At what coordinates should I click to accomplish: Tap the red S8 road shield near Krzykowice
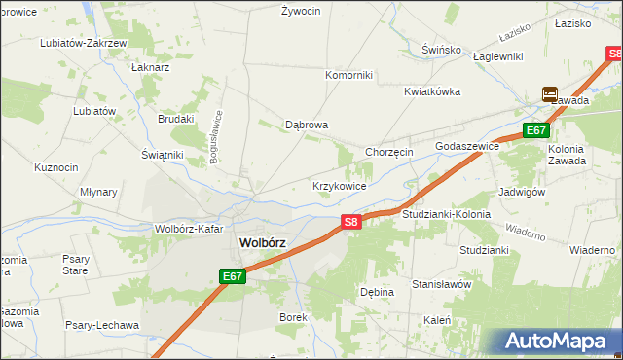point(352,222)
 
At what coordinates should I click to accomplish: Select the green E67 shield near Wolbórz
point(232,276)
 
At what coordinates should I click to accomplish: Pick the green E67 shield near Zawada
point(536,130)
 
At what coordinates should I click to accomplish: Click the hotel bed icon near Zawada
point(550,94)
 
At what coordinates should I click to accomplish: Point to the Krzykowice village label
point(339,185)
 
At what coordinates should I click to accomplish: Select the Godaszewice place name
point(467,145)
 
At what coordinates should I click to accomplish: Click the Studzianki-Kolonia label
point(446,213)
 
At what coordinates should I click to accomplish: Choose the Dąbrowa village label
point(307,125)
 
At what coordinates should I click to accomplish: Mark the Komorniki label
point(348,75)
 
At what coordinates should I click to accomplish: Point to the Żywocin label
point(301,11)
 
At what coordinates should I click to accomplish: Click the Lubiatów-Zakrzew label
point(83,43)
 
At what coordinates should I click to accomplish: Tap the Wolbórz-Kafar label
point(189,230)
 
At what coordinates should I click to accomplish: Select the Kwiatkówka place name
point(432,91)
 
